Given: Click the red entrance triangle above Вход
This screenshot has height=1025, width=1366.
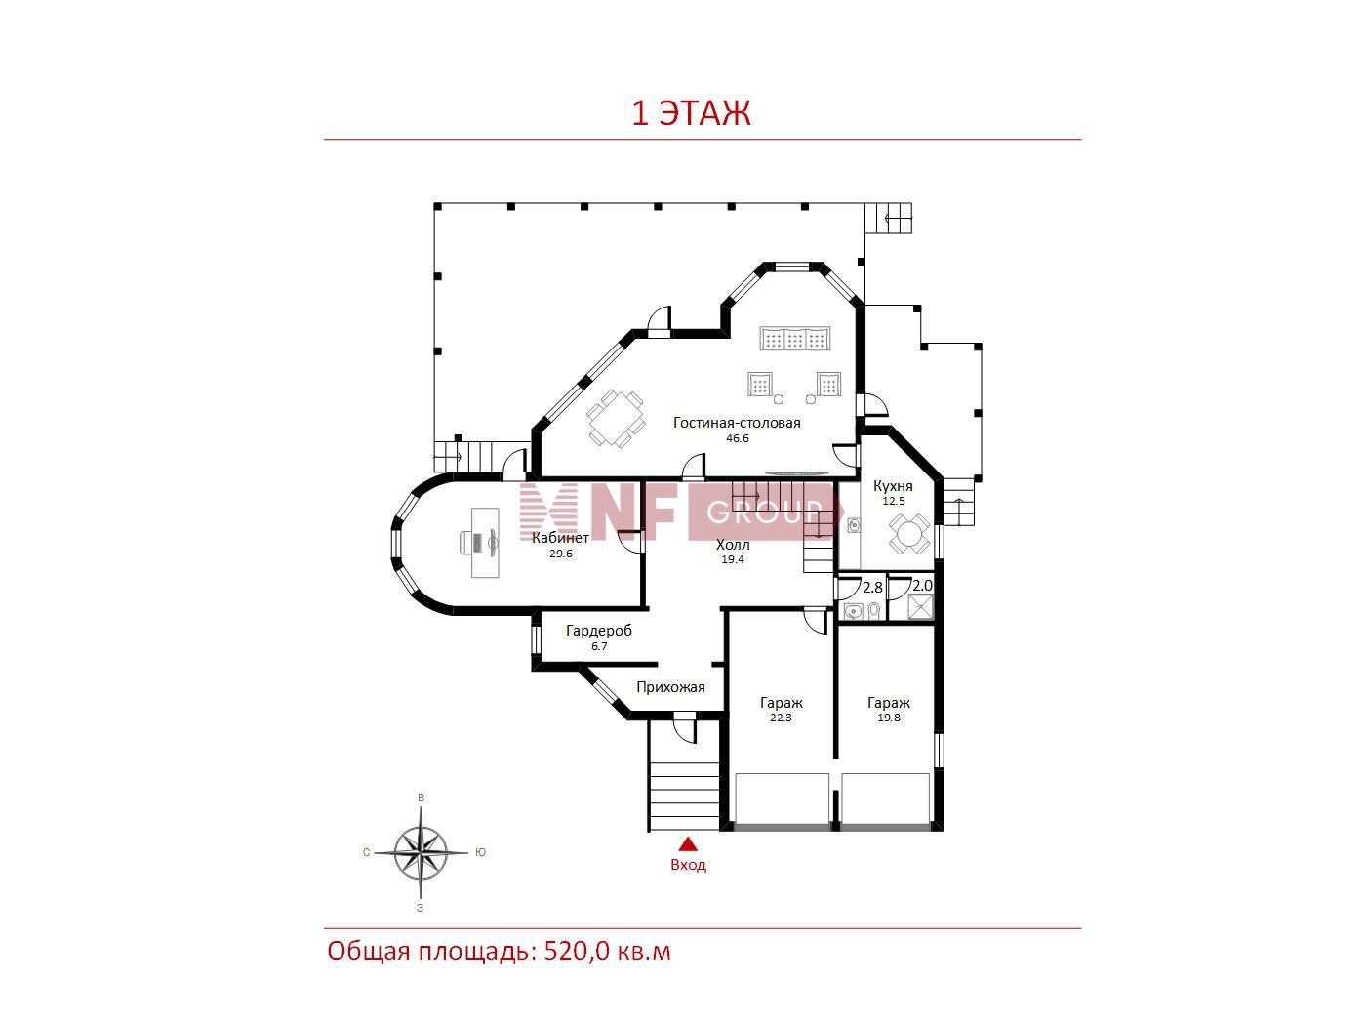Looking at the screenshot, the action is click(x=688, y=843).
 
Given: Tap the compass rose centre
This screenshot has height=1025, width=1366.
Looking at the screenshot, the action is click(x=422, y=852).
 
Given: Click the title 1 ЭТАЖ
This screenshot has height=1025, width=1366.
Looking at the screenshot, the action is click(x=691, y=113).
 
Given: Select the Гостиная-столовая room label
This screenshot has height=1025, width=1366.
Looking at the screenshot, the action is click(x=737, y=423).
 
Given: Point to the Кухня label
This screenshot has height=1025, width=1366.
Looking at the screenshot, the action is click(x=893, y=486).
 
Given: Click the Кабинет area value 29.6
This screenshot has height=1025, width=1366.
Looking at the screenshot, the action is click(x=561, y=553).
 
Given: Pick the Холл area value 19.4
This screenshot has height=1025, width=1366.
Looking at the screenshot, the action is click(x=733, y=558).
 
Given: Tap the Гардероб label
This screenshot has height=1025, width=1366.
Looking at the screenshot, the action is click(x=599, y=631).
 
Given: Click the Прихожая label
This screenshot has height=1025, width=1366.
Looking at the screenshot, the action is click(x=670, y=687).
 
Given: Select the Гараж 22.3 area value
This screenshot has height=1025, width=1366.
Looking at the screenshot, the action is click(x=781, y=717).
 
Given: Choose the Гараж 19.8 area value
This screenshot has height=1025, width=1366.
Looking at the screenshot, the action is click(x=888, y=717).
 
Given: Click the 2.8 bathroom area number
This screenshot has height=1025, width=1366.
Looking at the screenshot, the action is click(x=872, y=587).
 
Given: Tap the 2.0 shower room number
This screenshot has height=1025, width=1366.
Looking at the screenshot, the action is click(x=922, y=585).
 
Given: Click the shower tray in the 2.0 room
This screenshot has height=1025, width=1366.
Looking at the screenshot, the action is click(x=920, y=607).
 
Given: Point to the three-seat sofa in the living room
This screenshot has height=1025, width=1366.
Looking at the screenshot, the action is click(x=794, y=339).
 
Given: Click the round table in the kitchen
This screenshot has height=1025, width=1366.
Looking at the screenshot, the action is click(x=909, y=535).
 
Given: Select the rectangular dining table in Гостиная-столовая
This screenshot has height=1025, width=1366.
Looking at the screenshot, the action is click(x=616, y=418).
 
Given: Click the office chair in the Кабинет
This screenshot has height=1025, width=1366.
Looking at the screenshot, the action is click(x=471, y=543).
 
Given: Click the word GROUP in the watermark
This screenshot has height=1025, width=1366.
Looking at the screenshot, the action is click(x=764, y=512).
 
